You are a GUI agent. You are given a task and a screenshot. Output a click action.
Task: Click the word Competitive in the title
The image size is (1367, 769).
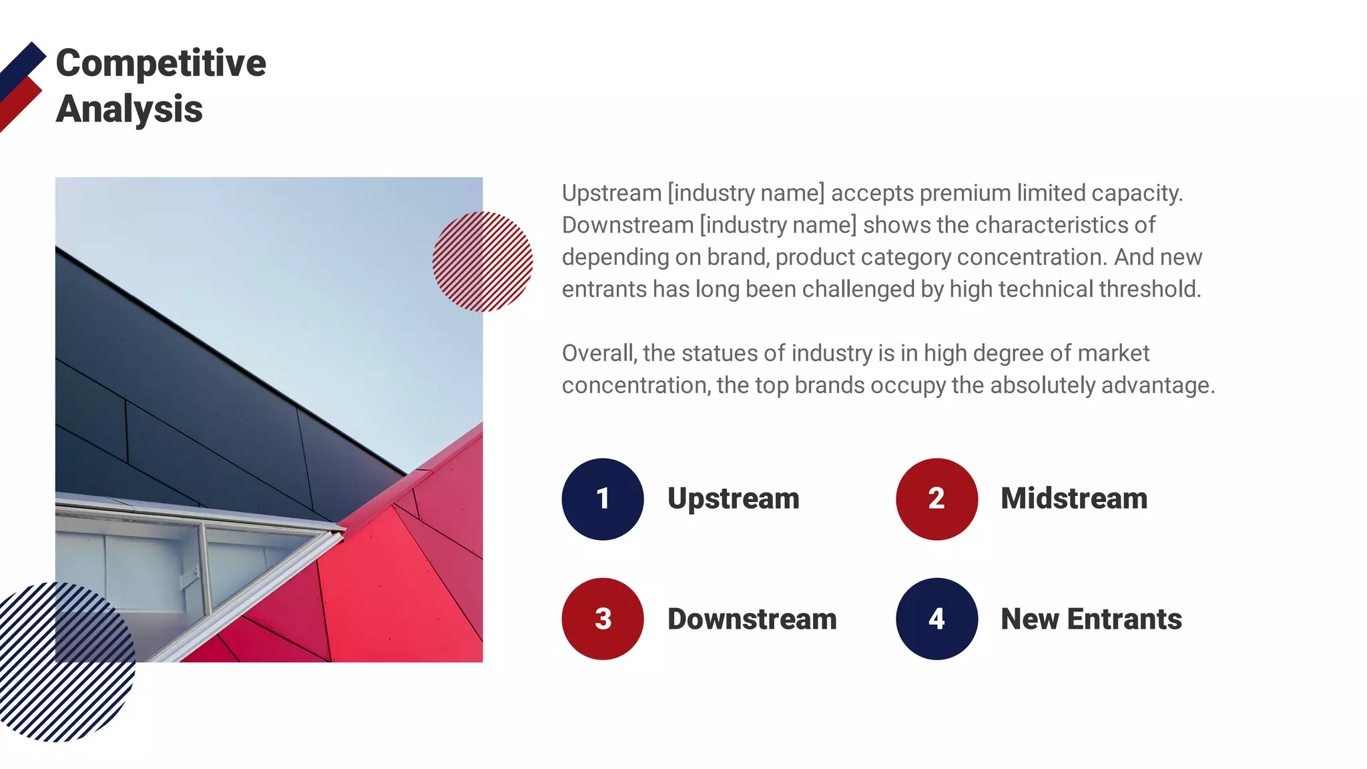[x=161, y=63]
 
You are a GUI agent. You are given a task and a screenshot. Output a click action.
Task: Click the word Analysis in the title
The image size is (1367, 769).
[x=129, y=109]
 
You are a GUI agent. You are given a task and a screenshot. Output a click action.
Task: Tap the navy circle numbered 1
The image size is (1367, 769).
[x=603, y=499]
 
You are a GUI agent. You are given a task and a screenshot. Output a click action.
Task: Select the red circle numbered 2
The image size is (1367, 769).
[x=936, y=499]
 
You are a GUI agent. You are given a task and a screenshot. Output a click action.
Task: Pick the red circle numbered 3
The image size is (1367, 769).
[x=603, y=619]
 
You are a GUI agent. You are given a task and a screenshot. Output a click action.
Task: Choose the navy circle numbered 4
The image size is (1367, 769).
[x=936, y=619]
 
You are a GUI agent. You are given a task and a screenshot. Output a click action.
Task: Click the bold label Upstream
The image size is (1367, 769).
[x=733, y=499]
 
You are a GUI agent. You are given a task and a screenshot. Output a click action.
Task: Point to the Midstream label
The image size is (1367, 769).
[x=1074, y=499]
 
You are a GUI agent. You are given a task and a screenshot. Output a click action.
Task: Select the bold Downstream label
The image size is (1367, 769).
[x=752, y=619]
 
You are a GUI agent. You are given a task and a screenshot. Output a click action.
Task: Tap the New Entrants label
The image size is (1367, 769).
[x=1091, y=619]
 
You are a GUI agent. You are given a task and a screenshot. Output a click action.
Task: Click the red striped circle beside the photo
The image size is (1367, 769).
[x=483, y=261]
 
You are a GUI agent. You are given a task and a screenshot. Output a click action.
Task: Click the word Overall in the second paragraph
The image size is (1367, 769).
[x=599, y=353]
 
